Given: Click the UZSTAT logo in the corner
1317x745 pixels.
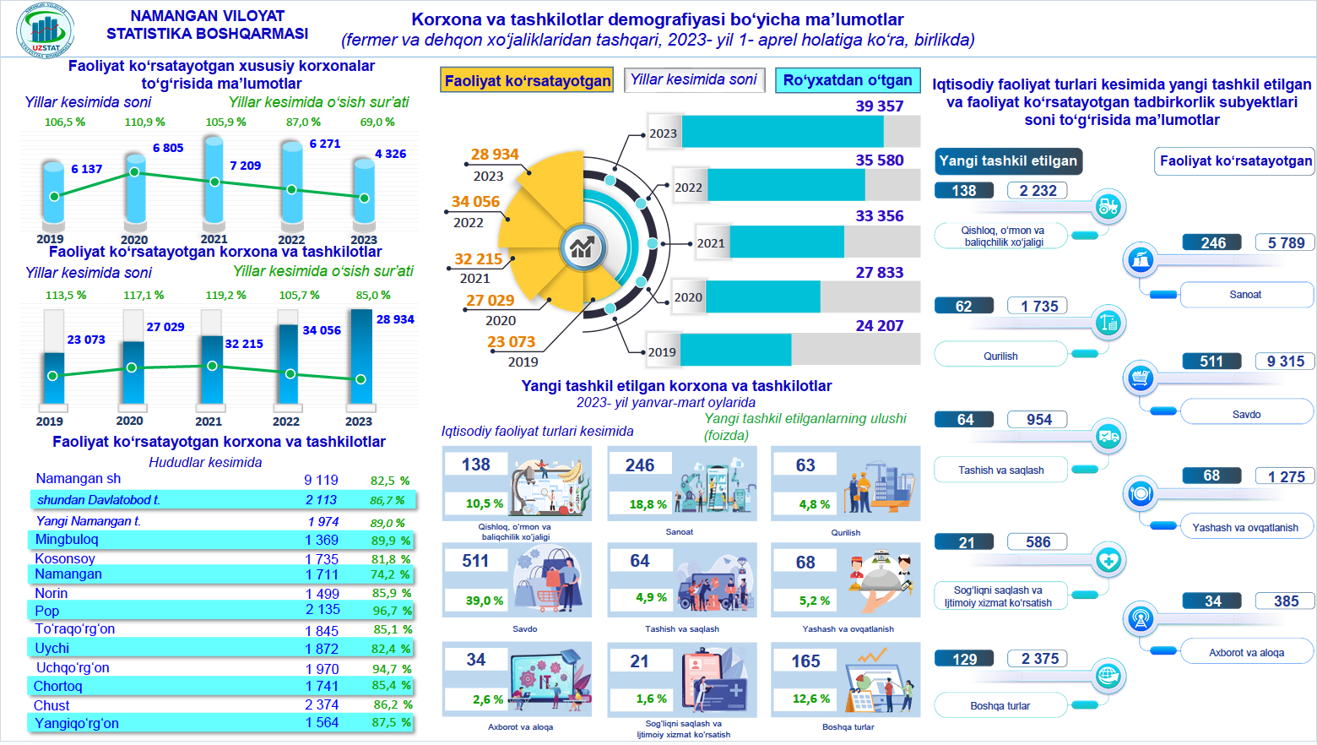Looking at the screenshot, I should (46, 31).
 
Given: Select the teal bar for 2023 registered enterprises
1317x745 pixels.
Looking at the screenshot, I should (782, 132).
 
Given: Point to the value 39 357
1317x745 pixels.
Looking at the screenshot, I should (879, 106).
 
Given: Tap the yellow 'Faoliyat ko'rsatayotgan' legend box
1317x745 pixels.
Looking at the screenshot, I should (528, 80).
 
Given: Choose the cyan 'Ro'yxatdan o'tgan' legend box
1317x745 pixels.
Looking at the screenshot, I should (848, 80).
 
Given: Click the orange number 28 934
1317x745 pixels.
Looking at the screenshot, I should (495, 155).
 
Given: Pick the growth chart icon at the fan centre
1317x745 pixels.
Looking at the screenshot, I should (582, 247).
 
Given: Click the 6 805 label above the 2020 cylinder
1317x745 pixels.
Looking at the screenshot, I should (168, 148).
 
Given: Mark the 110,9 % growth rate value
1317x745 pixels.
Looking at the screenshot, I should (144, 122).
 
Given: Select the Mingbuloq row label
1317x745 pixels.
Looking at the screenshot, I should (67, 540).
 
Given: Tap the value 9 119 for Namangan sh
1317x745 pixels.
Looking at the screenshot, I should (321, 480).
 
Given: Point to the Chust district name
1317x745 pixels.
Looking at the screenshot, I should (51, 705).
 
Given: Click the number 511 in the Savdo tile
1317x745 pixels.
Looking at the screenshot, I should (475, 561).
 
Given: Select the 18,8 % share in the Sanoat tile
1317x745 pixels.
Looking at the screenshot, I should (648, 504).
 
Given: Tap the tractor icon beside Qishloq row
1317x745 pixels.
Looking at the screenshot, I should (1108, 205).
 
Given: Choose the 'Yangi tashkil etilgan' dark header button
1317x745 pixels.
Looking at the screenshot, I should (1008, 161).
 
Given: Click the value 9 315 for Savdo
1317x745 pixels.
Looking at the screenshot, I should (1285, 362).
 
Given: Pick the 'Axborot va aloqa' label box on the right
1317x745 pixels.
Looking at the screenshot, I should (1246, 652).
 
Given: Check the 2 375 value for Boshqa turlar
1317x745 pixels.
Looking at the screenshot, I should (1039, 659).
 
